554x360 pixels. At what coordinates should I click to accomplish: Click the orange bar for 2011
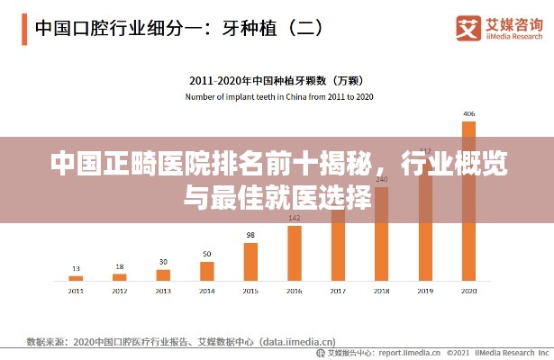76,277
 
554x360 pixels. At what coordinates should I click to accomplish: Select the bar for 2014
207,271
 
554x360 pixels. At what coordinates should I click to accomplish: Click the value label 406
468,114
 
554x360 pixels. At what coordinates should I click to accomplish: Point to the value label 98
250,235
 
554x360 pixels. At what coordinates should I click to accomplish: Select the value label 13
76,268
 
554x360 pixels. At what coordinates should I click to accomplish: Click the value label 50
207,254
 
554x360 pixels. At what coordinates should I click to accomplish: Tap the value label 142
295,218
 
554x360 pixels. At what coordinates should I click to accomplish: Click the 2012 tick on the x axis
120,292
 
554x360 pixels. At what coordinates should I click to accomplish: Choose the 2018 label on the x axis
381,292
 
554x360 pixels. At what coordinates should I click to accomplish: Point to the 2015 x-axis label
250,292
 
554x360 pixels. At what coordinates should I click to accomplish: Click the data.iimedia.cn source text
297,342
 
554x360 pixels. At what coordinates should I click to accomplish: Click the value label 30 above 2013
163,262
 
